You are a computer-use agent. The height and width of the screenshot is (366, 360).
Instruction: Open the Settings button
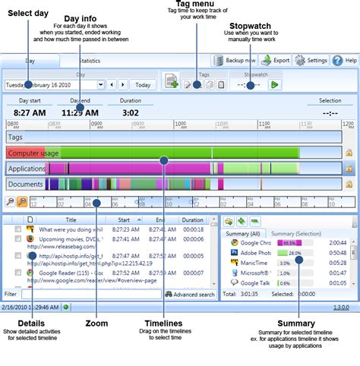pyautogui.click(x=311, y=60)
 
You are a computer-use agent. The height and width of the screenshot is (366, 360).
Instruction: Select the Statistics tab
pyautogui.click(x=90, y=60)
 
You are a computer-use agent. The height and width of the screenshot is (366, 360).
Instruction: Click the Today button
pyautogui.click(x=143, y=84)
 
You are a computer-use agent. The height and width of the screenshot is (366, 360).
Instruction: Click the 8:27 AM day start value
pyautogui.click(x=30, y=113)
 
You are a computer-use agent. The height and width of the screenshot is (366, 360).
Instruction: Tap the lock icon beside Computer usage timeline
pyautogui.click(x=349, y=153)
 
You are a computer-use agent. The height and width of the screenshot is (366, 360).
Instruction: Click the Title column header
pyautogui.click(x=71, y=219)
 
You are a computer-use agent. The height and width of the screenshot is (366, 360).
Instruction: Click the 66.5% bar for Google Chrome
pyautogui.click(x=291, y=243)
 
